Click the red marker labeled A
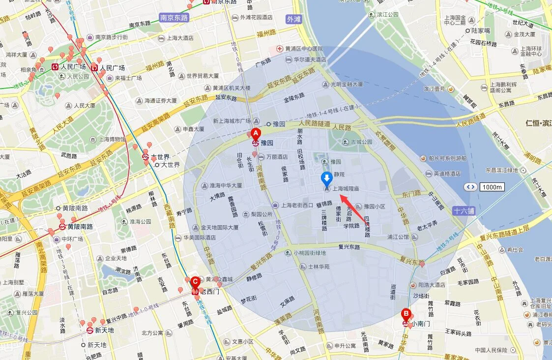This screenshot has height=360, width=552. pos(255,133)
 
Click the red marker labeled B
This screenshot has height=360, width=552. pos(406,313)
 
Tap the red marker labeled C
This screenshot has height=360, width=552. pos(195,282)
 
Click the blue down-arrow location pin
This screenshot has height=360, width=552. pos(326,179)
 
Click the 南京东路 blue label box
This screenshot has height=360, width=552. pos(174,17)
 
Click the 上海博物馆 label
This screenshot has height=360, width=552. pos(112,139)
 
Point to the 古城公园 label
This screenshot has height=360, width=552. pos(361,142)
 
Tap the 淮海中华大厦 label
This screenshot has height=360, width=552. pos(226,186)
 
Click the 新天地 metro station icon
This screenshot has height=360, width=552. pos(90,330)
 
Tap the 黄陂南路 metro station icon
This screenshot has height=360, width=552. pos(62,227)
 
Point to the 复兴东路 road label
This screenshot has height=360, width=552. pos(349,247)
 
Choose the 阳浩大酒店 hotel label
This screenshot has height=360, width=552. pos(431,285)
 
